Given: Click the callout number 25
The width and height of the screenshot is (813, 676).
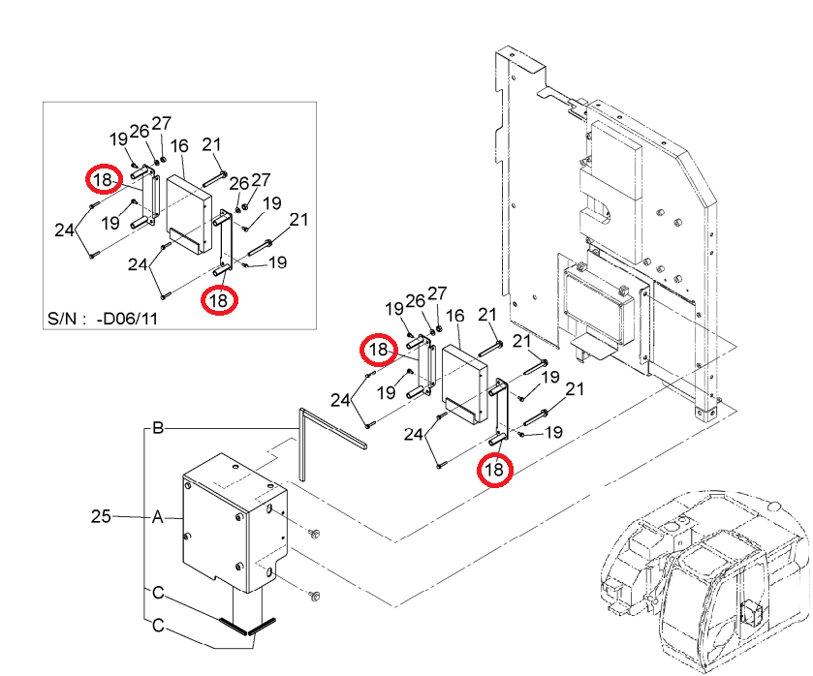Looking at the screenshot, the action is click(x=101, y=516).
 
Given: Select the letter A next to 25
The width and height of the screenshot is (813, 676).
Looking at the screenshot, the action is click(x=158, y=517).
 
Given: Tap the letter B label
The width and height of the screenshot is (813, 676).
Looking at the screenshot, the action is click(x=158, y=428).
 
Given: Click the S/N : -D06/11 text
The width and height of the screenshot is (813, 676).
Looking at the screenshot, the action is click(x=102, y=318).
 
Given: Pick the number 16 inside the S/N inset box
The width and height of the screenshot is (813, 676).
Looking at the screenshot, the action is click(x=179, y=146).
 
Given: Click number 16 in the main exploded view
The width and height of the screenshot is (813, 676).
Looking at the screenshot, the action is click(x=454, y=316).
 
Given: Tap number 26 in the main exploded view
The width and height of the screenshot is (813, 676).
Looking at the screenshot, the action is click(x=415, y=300).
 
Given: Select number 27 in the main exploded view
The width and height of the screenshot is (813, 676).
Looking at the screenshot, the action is click(x=437, y=293).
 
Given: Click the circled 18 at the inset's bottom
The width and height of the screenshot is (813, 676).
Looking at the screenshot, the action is click(x=219, y=300).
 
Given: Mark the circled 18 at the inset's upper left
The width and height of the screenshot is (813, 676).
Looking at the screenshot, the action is click(x=104, y=179).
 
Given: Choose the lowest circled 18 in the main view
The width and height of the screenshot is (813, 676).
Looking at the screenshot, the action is click(x=495, y=470).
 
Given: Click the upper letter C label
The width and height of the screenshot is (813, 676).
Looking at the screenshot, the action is click(x=158, y=593).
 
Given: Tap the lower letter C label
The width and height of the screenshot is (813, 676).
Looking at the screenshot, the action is click(x=158, y=626).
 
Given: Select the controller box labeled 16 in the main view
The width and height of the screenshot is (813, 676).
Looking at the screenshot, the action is click(x=464, y=384).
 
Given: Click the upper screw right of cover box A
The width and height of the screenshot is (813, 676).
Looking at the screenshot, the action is click(x=314, y=533).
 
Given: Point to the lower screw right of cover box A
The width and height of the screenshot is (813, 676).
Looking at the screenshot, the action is click(x=314, y=597).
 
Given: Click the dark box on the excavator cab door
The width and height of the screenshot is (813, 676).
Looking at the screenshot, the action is click(x=751, y=614).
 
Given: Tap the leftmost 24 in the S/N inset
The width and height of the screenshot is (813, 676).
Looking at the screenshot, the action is click(x=64, y=230).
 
